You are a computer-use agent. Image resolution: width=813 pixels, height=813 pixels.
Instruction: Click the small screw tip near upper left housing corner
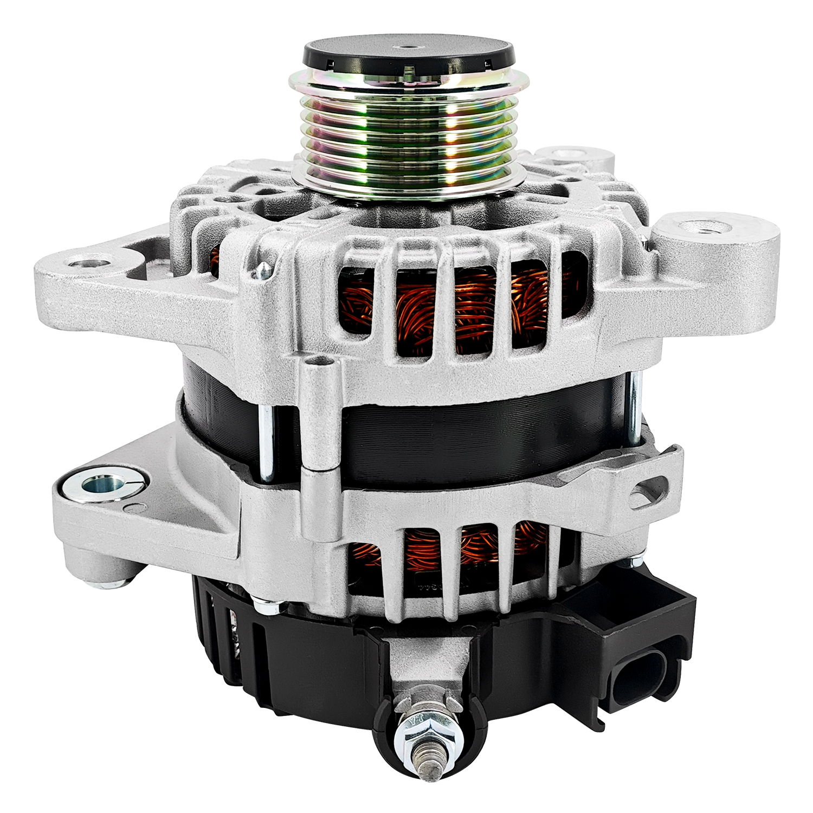[x=263, y=268]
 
